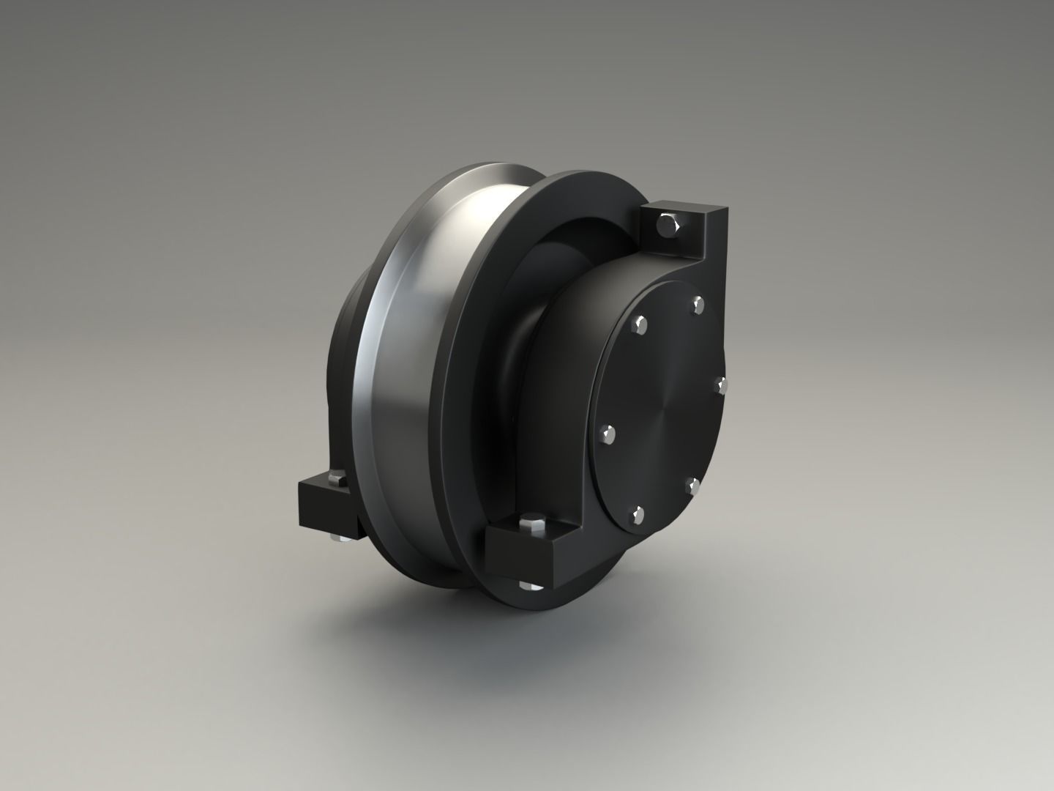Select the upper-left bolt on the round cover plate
pos(642,324)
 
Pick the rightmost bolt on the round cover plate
pos(720,385)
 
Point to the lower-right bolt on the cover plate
pos(692,486)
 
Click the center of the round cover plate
pos(662,410)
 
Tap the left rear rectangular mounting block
pos(322,509)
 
